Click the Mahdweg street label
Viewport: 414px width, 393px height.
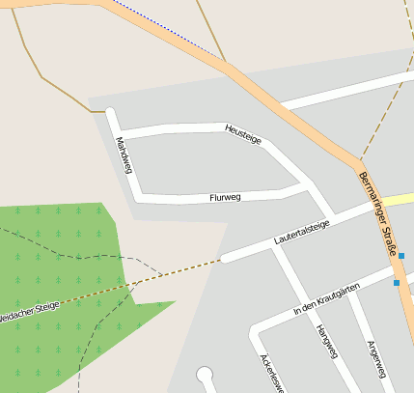point(124,154)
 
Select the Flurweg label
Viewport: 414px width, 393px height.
point(225,197)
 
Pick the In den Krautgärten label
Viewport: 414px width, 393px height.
point(326,300)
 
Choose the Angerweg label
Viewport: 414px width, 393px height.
point(375,358)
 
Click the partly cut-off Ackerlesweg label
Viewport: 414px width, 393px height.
point(269,373)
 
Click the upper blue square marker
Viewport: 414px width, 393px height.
point(401,256)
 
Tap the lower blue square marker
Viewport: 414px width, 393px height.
point(396,283)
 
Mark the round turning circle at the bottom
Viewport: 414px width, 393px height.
point(204,374)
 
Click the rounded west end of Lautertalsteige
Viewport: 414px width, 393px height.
point(225,258)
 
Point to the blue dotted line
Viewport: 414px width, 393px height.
point(164,30)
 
